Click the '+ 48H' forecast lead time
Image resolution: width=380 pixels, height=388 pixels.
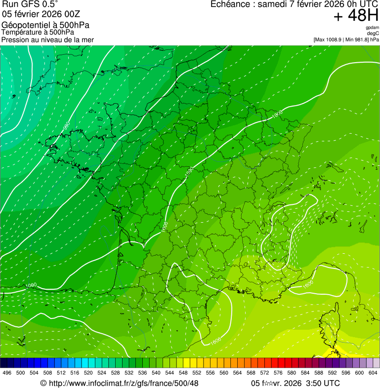pyautogui.click(x=356, y=16)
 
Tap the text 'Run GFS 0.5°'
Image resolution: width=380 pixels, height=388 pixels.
pyautogui.click(x=30, y=4)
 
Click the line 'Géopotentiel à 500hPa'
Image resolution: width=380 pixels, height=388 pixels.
pyautogui.click(x=46, y=25)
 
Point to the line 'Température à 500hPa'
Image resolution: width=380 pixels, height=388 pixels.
pyautogui.click(x=38, y=32)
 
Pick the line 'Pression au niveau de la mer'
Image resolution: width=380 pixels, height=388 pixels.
pyautogui.click(x=47, y=39)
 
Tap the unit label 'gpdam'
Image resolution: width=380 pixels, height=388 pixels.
pyautogui.click(x=372, y=28)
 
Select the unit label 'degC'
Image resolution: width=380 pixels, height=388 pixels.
pyautogui.click(x=373, y=33)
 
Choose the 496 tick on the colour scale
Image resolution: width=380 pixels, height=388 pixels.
pyautogui.click(x=7, y=373)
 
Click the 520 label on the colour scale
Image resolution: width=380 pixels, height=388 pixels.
pyautogui.click(x=88, y=373)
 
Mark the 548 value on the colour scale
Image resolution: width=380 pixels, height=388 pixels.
pyautogui.click(x=183, y=373)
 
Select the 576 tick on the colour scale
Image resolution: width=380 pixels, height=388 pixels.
pyautogui.click(x=278, y=373)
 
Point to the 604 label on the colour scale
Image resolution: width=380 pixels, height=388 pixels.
pyautogui.click(x=373, y=373)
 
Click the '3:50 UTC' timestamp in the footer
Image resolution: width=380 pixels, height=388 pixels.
pyautogui.click(x=324, y=383)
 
